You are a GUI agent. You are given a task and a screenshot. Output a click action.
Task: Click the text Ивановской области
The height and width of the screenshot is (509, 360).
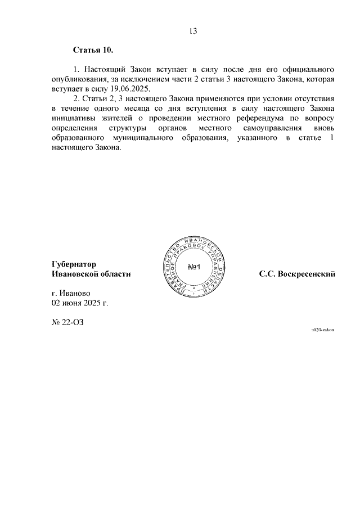coord(91,273)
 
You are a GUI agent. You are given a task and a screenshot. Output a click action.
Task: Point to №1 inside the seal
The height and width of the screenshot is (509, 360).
coord(195,266)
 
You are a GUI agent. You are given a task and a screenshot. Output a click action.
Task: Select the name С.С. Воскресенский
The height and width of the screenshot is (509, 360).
coord(297,274)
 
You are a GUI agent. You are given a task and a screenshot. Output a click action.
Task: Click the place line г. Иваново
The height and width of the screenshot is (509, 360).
coord(70,293)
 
